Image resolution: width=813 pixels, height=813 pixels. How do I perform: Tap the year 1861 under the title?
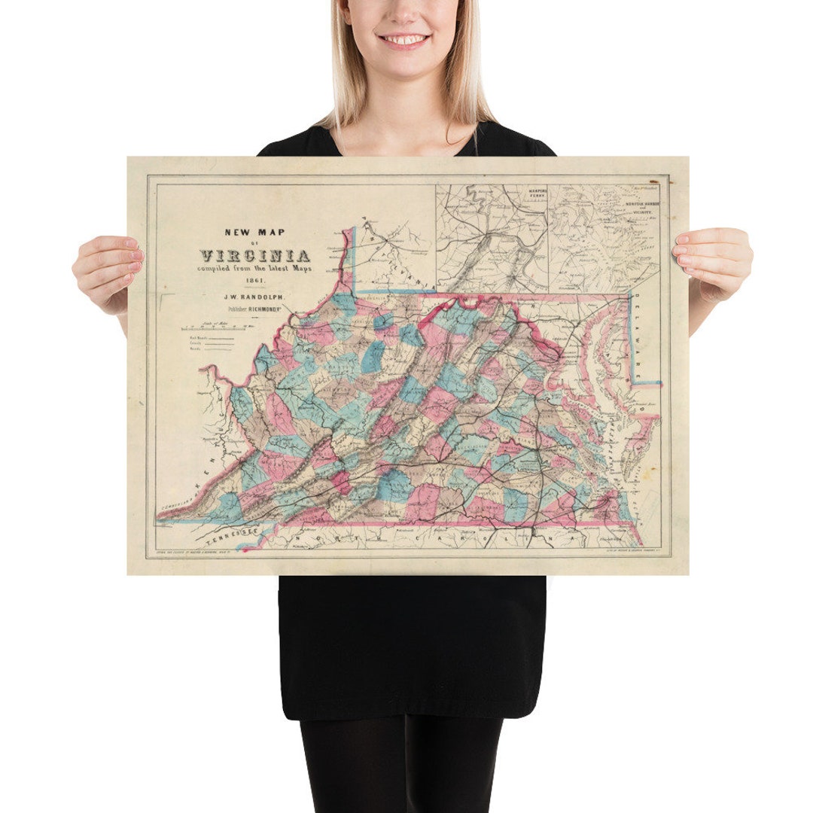(253, 282)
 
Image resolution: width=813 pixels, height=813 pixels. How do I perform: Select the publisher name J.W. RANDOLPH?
(253, 297)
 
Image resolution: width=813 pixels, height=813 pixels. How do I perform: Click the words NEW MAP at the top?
(254, 232)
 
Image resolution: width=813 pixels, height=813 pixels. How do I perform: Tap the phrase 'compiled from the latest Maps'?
(254, 268)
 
